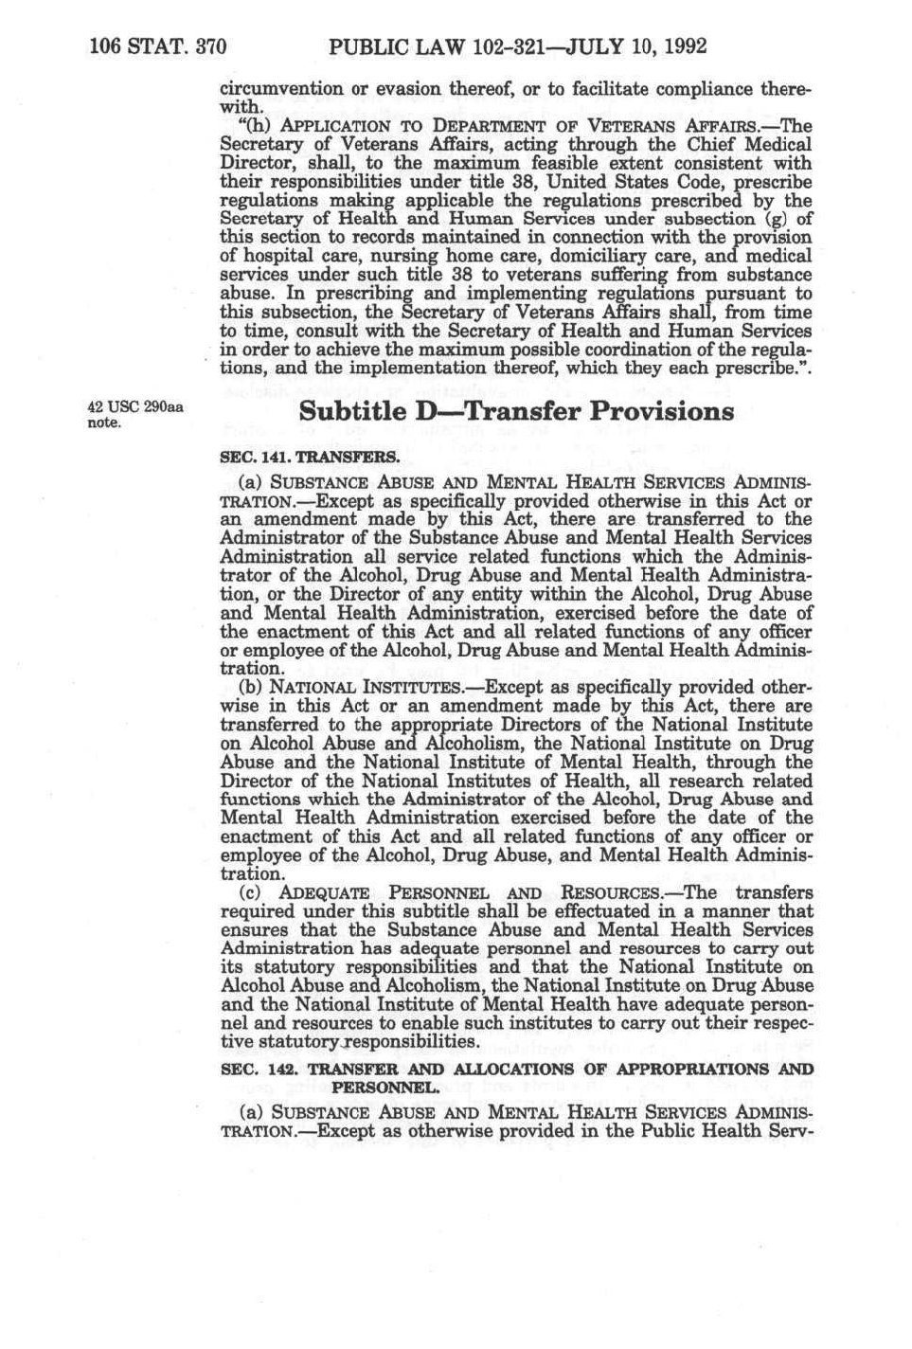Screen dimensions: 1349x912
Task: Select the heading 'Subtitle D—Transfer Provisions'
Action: [x=516, y=411]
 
